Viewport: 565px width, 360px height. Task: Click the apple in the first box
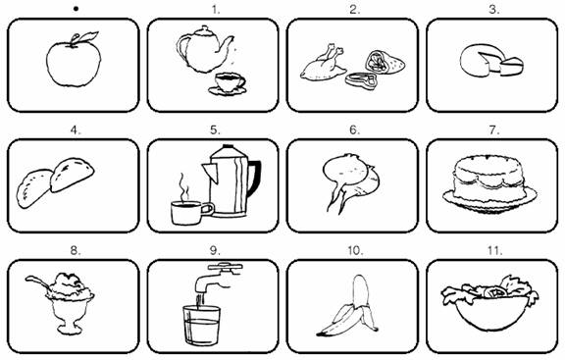(x=74, y=64)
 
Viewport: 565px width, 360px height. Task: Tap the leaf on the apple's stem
(x=89, y=36)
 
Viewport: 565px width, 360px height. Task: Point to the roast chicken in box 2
(x=322, y=64)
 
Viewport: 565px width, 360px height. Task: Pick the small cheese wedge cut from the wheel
(x=511, y=67)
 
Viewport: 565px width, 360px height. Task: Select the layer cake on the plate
(x=489, y=183)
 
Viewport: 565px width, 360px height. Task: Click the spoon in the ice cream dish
(x=37, y=282)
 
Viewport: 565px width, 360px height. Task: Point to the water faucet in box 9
(x=218, y=277)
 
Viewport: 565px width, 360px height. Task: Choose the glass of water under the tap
(x=201, y=326)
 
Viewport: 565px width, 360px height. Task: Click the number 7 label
(x=494, y=130)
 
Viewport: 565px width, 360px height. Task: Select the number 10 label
(x=355, y=250)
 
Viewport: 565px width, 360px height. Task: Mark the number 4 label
(x=76, y=130)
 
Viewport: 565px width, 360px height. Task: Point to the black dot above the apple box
(x=76, y=9)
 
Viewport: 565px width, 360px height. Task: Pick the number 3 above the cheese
(x=493, y=10)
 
